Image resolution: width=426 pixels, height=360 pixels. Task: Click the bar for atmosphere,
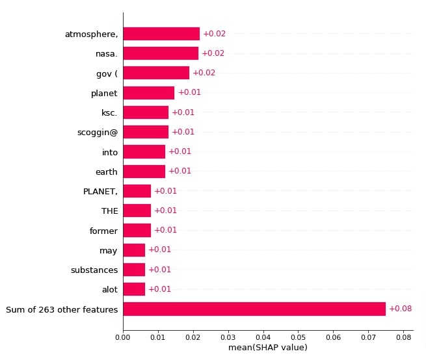pos(161,34)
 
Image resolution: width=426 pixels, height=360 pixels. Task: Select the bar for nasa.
pos(161,53)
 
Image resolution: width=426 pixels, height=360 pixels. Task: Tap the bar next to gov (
pos(156,73)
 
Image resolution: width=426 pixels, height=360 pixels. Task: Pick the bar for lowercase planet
pos(149,93)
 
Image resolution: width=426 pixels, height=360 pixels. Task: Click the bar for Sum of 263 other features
pos(254,309)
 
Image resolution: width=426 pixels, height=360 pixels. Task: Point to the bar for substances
pos(134,270)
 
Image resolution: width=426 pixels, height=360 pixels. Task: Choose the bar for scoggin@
pos(146,132)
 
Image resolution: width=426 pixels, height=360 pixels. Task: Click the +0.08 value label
pos(401,309)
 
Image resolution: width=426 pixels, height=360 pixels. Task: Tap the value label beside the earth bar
pos(180,171)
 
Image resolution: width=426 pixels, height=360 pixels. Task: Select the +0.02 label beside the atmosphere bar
pos(215,34)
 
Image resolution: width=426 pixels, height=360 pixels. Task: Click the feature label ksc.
pos(109,112)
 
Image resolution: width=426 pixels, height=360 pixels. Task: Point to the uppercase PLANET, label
pos(101,192)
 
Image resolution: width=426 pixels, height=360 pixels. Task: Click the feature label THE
pos(110,211)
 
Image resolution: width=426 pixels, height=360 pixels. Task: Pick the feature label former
pos(104,231)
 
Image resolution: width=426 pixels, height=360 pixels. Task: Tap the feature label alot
pos(110,290)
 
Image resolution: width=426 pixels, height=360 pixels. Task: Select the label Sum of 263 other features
pos(62,310)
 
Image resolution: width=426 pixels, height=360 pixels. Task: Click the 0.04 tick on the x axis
pos(263,337)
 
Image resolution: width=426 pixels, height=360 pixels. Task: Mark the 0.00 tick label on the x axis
pos(123,337)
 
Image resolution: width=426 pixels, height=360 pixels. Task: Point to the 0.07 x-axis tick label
pos(368,337)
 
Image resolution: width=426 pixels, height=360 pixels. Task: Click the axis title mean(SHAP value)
pos(268,348)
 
